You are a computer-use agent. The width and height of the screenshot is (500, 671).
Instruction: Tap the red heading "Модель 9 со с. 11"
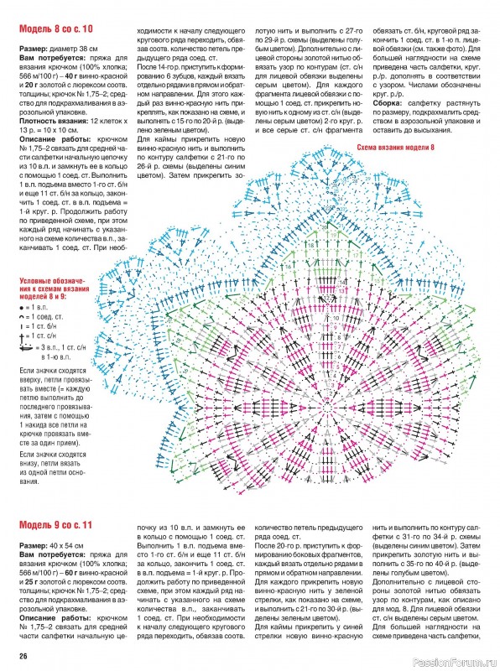tap(57, 526)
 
